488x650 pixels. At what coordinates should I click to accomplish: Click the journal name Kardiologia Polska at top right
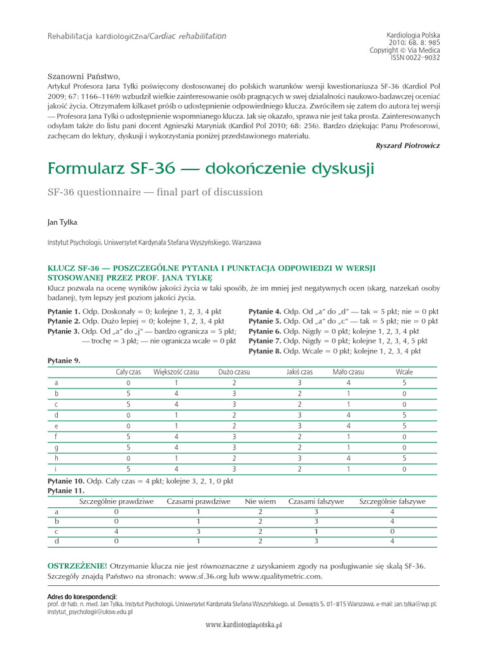(x=413, y=36)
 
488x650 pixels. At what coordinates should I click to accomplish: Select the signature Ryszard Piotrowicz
(x=408, y=145)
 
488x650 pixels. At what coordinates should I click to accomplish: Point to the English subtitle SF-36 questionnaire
(x=155, y=192)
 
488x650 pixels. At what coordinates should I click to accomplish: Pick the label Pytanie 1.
(x=64, y=311)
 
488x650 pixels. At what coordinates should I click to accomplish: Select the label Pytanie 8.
(x=265, y=351)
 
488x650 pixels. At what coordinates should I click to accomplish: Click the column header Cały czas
(x=128, y=372)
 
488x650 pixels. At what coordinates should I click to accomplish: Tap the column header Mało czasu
(x=348, y=372)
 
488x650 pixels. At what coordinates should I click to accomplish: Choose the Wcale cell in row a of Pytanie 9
(x=404, y=383)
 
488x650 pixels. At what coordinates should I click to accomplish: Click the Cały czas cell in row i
(x=128, y=470)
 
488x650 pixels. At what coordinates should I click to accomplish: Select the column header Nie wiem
(x=261, y=501)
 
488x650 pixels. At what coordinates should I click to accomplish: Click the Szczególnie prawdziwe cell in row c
(x=116, y=531)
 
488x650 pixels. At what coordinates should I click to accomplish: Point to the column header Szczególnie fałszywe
(x=393, y=501)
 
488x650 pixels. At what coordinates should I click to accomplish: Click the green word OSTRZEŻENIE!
(x=78, y=566)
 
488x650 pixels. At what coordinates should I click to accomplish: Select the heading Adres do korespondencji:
(x=83, y=597)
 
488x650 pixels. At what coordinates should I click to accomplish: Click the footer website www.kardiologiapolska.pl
(x=244, y=625)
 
